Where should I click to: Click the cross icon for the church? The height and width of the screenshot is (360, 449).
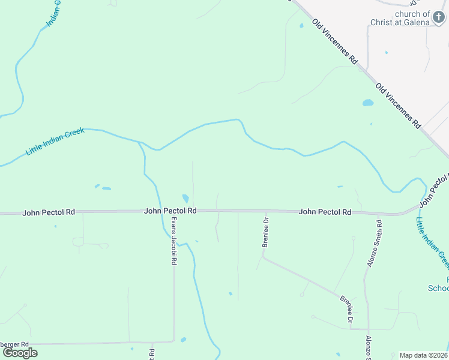pyautogui.click(x=439, y=17)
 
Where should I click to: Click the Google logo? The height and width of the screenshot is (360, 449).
pyautogui.click(x=20, y=353)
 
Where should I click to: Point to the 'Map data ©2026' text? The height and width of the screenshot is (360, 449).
pyautogui.click(x=424, y=355)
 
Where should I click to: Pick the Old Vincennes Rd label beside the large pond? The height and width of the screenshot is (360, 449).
pyautogui.click(x=397, y=105)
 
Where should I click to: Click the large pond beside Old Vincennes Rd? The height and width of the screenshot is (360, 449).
pyautogui.click(x=368, y=103)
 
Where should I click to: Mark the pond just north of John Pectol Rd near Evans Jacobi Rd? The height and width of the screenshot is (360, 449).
pyautogui.click(x=185, y=198)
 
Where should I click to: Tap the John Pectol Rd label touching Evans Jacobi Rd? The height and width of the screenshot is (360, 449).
pyautogui.click(x=170, y=211)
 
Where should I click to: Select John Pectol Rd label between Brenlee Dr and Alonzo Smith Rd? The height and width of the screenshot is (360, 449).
pyautogui.click(x=325, y=212)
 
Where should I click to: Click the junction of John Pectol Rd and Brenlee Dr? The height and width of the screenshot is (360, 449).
pyautogui.click(x=266, y=212)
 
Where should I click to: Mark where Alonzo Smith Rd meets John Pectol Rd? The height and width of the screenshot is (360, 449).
pyautogui.click(x=379, y=214)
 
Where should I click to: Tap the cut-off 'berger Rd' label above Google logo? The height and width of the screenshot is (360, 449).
pyautogui.click(x=14, y=344)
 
